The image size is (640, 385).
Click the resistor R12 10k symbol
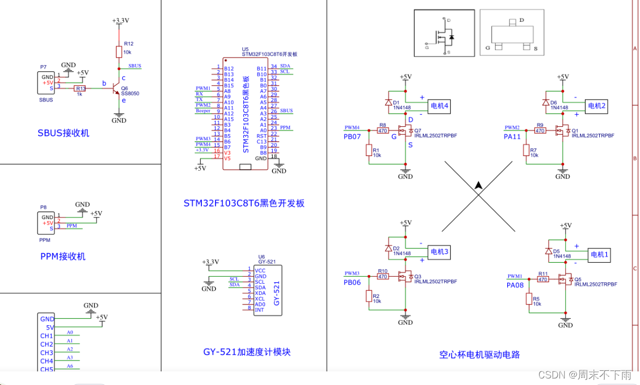pos(119,52)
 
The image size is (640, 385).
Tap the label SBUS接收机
pos(64,133)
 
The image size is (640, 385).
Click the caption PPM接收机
pos(63,257)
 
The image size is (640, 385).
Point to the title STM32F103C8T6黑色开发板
pos(244,203)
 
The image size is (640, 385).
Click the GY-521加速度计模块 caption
pos(247,352)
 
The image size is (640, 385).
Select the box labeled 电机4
pos(439,106)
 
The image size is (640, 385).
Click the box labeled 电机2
pos(595,106)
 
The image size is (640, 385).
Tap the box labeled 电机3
pos(439,252)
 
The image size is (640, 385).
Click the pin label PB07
pos(352,136)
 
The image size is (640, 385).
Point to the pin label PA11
pos(513,136)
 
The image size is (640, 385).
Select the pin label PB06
pos(352,282)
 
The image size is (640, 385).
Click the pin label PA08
pos(515,285)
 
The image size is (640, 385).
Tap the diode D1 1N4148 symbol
pos(388,102)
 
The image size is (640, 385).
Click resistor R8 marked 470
pos(383,131)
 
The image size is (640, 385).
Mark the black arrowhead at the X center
pos(478,185)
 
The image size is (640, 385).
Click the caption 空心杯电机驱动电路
pos(479,355)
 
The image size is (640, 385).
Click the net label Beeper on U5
pos(204,110)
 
